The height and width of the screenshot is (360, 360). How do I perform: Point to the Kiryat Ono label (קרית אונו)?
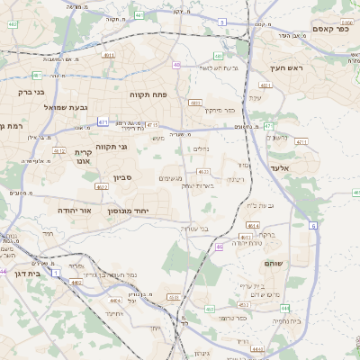(x=83, y=157)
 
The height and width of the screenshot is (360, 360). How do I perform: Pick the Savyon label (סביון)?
(x=123, y=178)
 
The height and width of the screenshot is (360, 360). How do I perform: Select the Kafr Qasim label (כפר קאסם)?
(x=331, y=29)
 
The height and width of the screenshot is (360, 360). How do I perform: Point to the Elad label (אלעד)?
(x=279, y=168)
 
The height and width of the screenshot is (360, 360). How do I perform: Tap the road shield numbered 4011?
(x=108, y=56)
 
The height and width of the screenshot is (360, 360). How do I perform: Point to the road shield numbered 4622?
(x=101, y=186)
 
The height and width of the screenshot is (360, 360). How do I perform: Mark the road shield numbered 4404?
(x=114, y=301)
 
